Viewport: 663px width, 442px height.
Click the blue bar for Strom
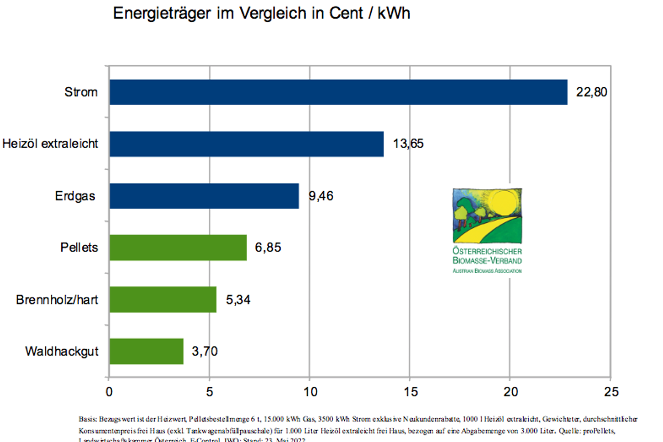[338, 92]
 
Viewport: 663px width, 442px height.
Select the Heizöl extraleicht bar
[246, 144]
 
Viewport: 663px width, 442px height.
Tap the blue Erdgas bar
[204, 196]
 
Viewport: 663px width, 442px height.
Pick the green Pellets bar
[178, 247]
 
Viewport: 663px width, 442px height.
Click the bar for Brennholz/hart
[163, 299]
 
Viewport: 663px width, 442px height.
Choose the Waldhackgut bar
[146, 351]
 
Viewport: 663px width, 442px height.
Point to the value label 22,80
[592, 92]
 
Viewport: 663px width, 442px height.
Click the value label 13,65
[408, 144]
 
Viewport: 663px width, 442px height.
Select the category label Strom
[81, 92]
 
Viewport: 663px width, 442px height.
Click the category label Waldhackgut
[62, 351]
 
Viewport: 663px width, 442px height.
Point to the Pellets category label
[79, 247]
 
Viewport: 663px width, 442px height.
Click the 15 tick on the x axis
[409, 391]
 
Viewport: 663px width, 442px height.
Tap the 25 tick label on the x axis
[610, 391]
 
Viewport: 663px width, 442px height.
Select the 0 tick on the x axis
[109, 391]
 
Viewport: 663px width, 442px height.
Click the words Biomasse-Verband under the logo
[487, 260]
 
